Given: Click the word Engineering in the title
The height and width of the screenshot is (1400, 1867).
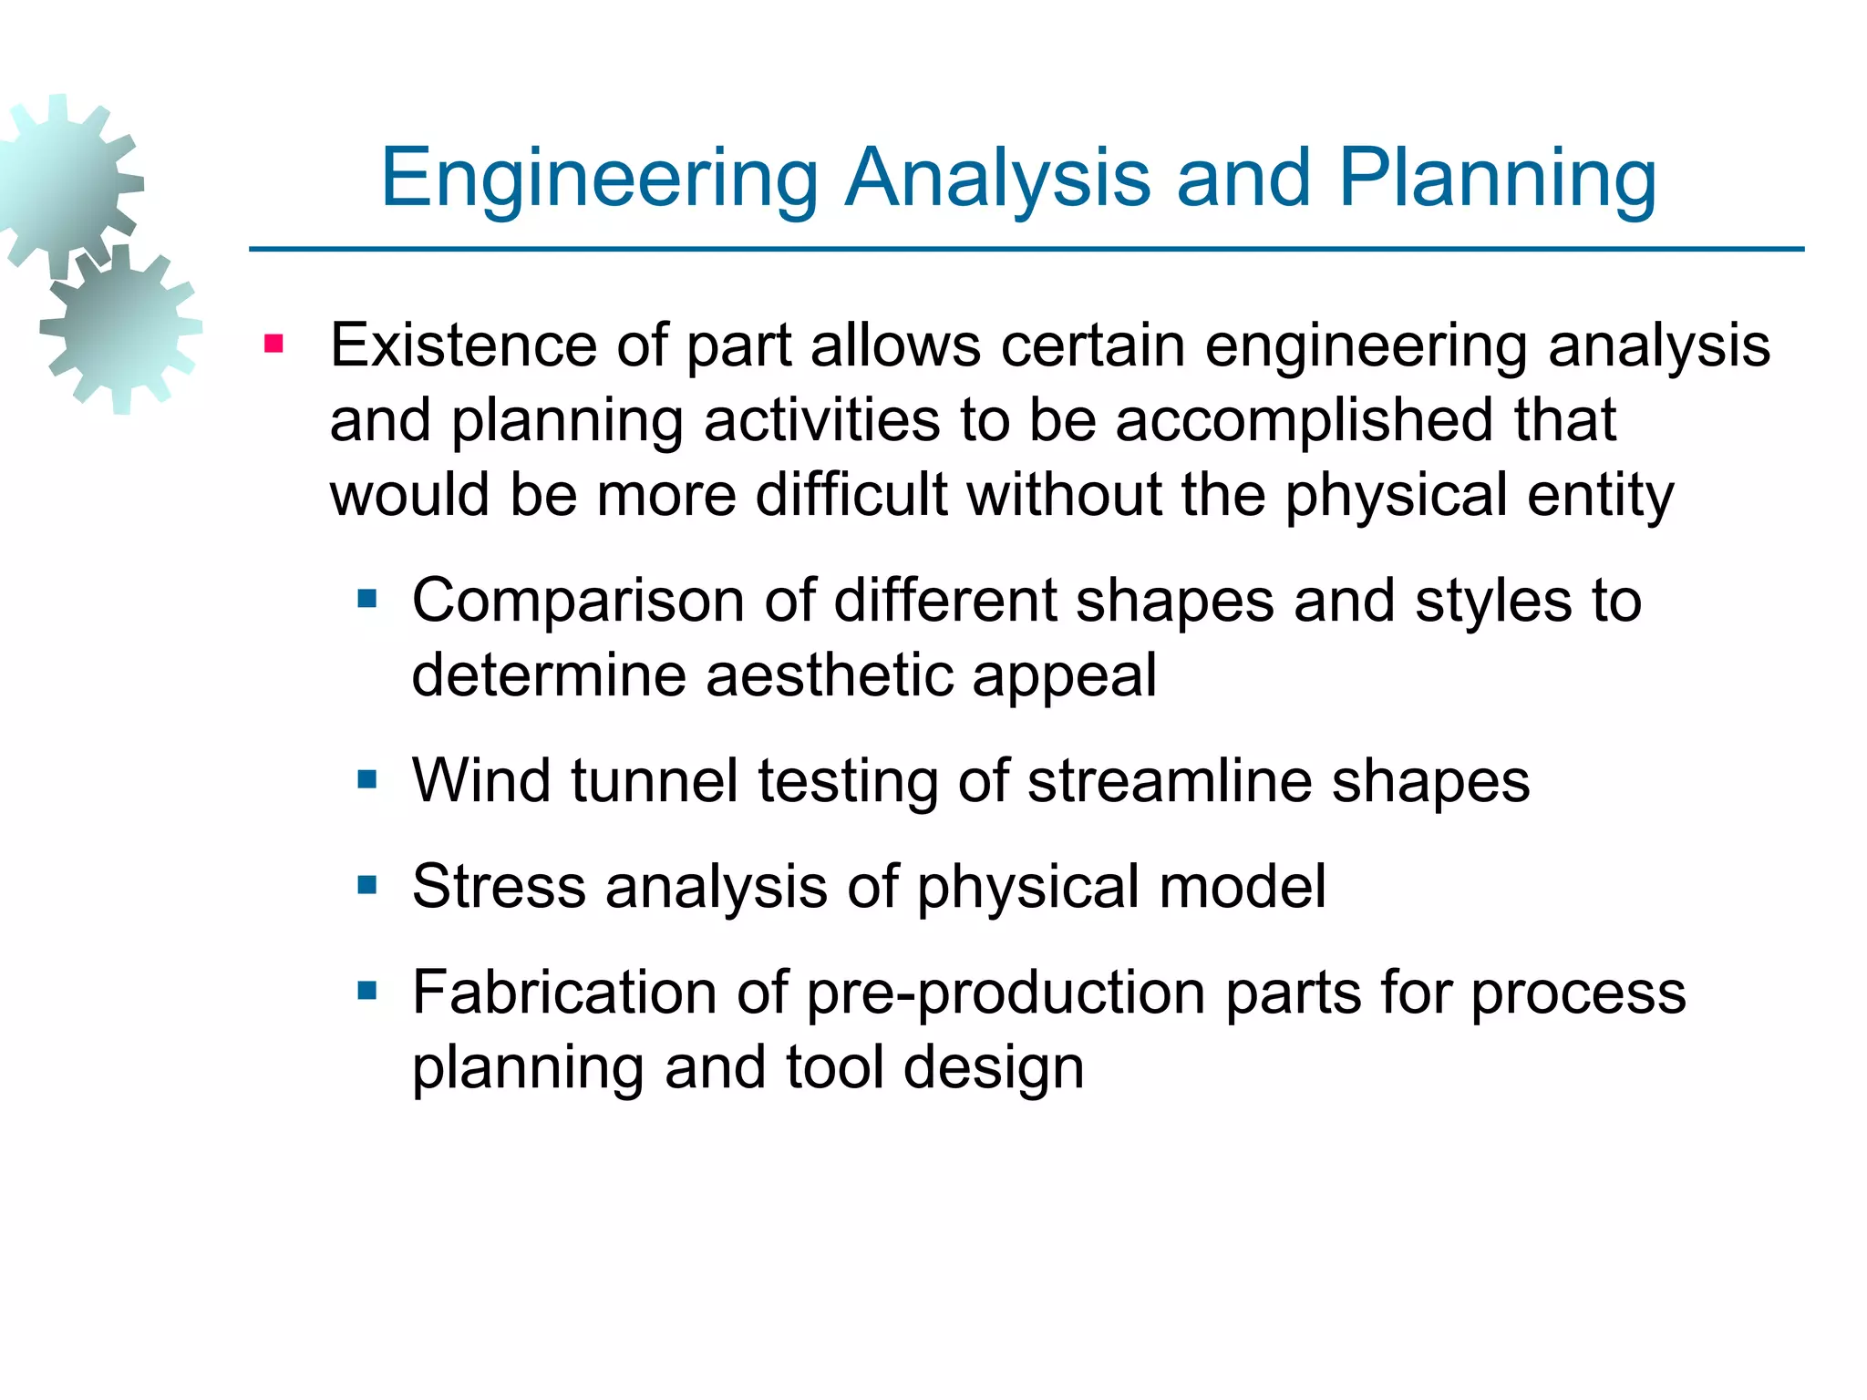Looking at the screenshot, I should (599, 179).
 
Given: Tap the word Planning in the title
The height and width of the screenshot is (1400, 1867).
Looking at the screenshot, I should (1496, 179).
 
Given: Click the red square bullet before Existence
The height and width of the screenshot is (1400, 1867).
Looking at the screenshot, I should (273, 345).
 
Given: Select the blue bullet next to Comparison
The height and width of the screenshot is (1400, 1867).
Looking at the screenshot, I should (367, 599).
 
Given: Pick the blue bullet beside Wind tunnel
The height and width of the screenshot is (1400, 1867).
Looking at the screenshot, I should (367, 779).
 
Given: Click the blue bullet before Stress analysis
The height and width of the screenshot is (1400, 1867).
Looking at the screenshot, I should (367, 884).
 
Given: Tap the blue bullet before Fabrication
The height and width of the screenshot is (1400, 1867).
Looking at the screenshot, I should (367, 990).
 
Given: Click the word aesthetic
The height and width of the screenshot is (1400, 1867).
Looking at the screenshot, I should (829, 675).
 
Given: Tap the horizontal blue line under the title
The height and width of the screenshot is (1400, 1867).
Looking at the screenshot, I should (1026, 249).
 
